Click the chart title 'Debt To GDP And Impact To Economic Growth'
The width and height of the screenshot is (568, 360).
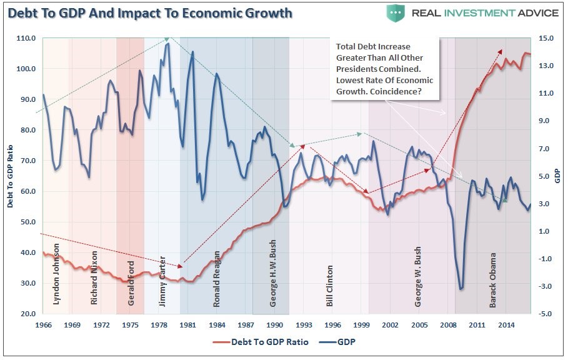point(150,13)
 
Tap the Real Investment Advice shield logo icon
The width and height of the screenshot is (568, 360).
point(395,13)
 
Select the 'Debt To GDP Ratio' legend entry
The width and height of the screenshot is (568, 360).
point(261,342)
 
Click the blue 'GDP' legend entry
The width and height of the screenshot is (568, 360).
point(337,342)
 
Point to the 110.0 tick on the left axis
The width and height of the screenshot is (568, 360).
point(26,38)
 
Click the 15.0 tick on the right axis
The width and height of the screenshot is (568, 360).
point(546,38)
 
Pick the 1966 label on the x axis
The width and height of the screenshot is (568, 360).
point(43,325)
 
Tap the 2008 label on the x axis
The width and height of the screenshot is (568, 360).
point(448,325)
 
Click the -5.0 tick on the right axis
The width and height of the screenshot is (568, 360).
point(545,314)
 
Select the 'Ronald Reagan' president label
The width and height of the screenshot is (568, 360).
point(216,279)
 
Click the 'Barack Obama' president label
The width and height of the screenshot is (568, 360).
point(492,281)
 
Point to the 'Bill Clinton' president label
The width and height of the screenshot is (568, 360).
point(329,286)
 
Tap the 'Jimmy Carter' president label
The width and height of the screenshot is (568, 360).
point(162,281)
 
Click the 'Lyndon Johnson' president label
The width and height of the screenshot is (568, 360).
point(56,274)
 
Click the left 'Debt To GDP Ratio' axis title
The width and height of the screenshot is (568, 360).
point(10,176)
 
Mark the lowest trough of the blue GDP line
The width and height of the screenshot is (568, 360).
point(461,289)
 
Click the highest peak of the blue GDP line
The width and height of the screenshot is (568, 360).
point(167,44)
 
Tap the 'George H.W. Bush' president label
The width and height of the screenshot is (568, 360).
point(273,273)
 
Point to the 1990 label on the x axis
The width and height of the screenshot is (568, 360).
point(274,325)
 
